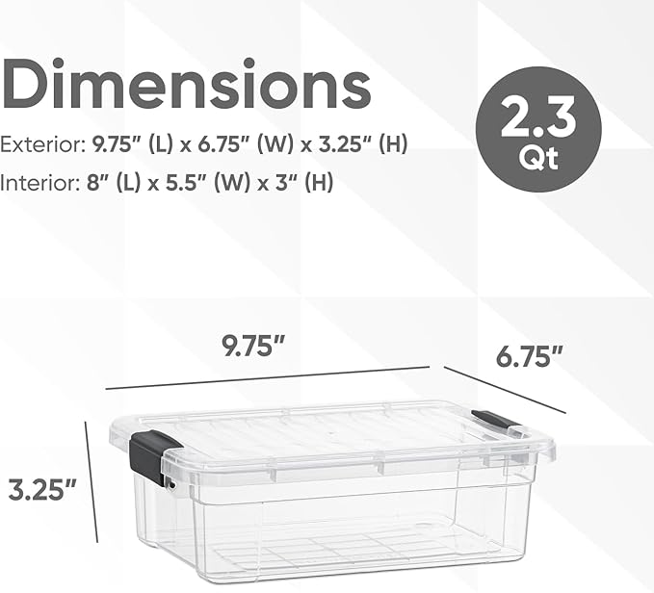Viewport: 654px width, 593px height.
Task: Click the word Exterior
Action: pyautogui.click(x=41, y=146)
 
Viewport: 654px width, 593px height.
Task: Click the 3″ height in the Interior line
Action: pyautogui.click(x=279, y=182)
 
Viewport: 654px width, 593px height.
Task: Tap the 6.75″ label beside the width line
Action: pyautogui.click(x=530, y=358)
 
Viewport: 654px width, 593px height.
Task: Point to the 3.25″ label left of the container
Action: pyautogui.click(x=42, y=490)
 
